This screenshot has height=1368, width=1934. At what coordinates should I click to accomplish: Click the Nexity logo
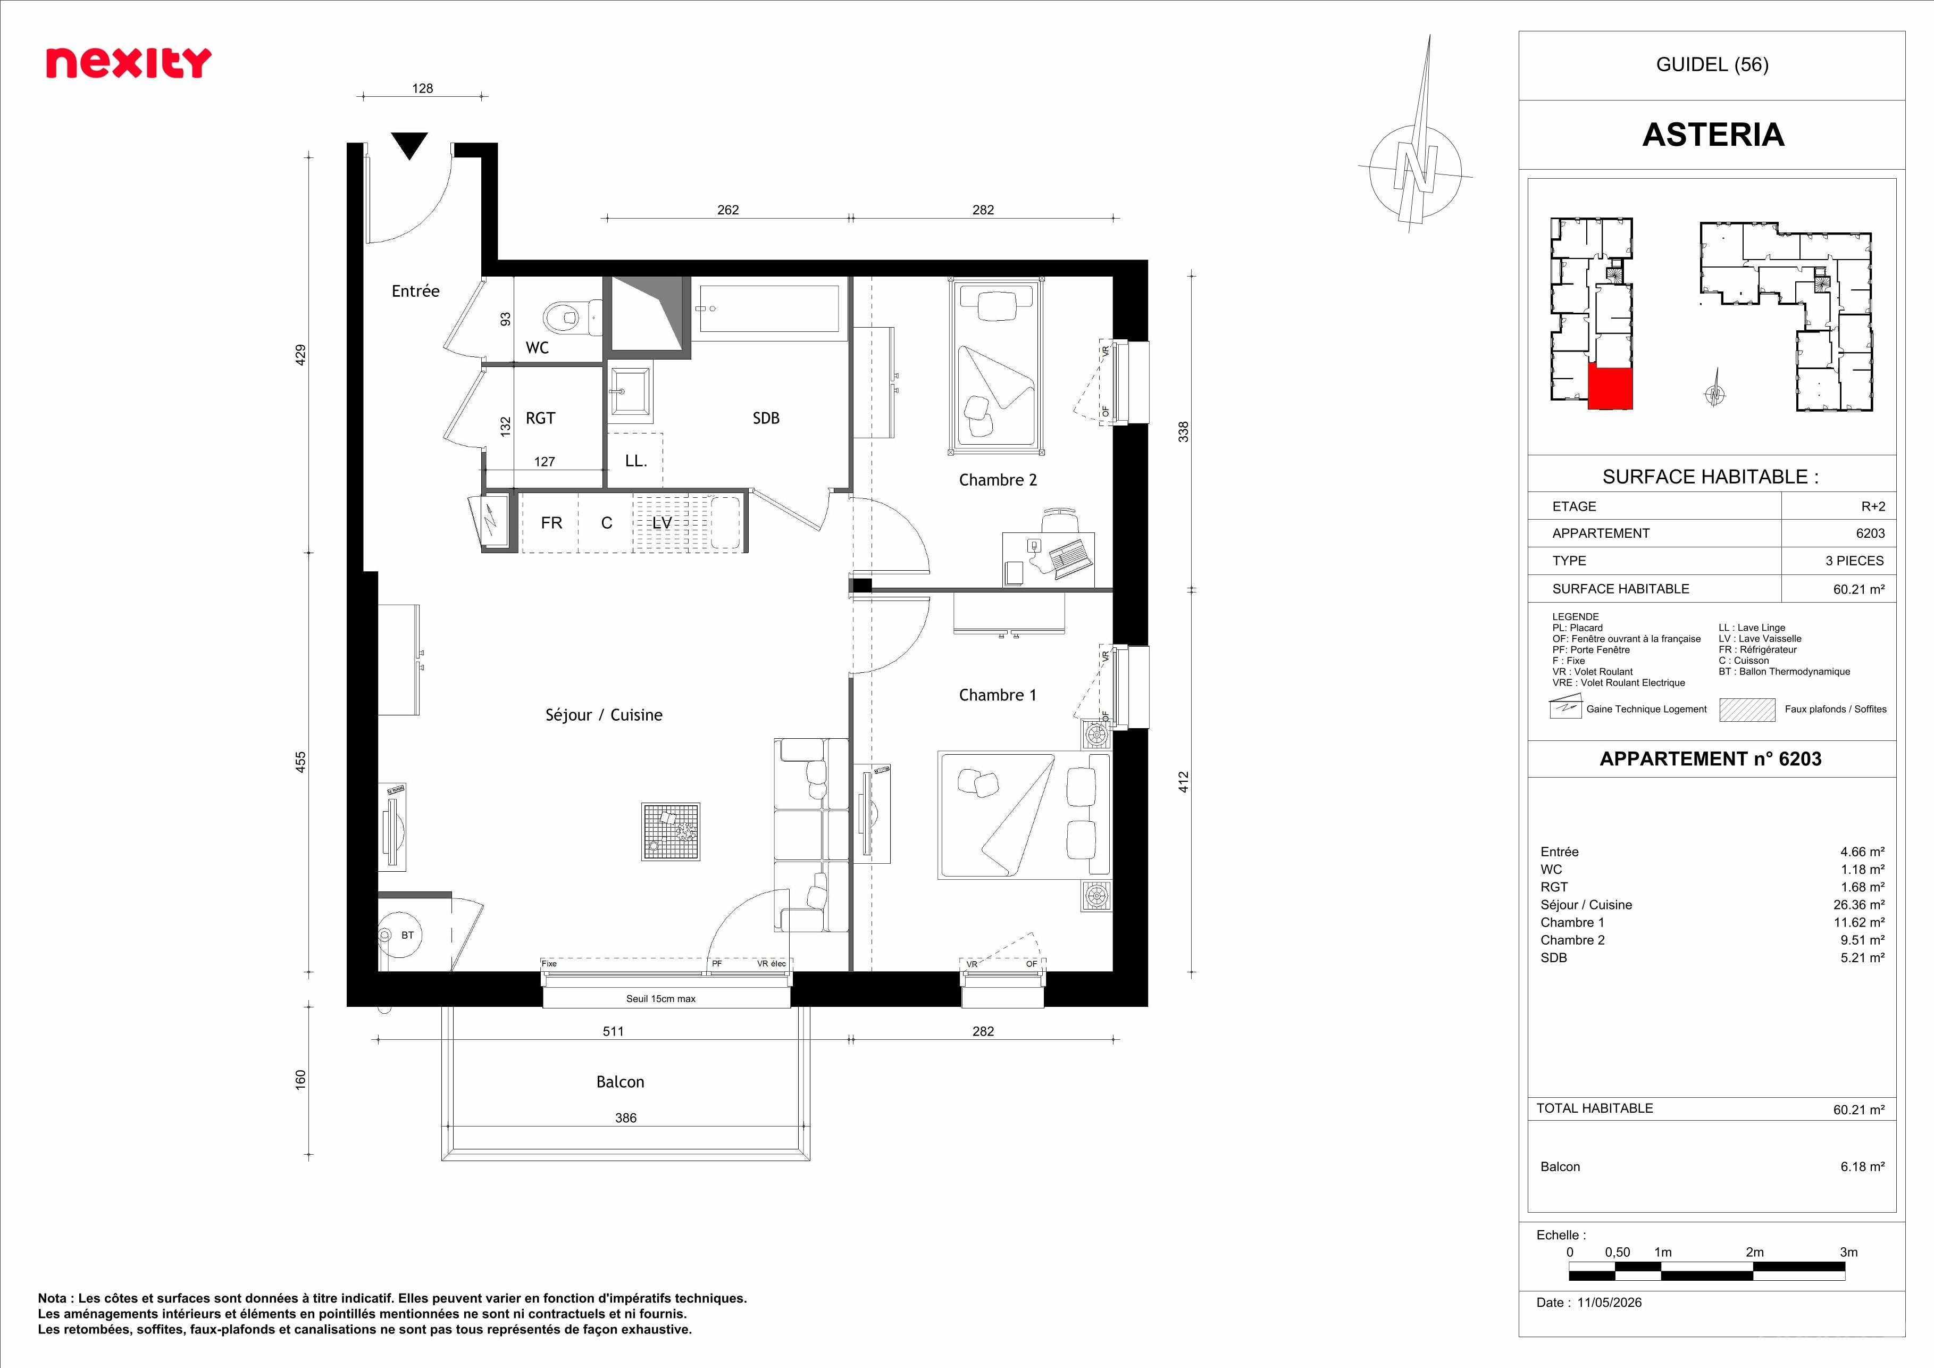128,63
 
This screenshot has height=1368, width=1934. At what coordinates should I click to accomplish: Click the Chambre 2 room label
998,480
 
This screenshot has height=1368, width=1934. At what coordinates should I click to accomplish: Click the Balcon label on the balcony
620,1082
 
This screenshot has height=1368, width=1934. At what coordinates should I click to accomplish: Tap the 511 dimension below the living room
613,1031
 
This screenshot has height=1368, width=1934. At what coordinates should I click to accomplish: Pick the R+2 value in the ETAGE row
1873,506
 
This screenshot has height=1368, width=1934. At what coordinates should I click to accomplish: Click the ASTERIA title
1713,135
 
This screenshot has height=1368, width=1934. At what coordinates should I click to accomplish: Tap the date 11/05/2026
1610,1302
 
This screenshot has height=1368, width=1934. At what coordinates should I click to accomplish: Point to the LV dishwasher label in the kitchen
662,523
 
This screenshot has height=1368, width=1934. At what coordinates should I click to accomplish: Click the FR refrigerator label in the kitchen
552,523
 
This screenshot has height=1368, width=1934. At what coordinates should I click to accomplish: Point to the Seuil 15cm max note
661,999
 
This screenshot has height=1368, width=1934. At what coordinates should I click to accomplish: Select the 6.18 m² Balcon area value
1862,1166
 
